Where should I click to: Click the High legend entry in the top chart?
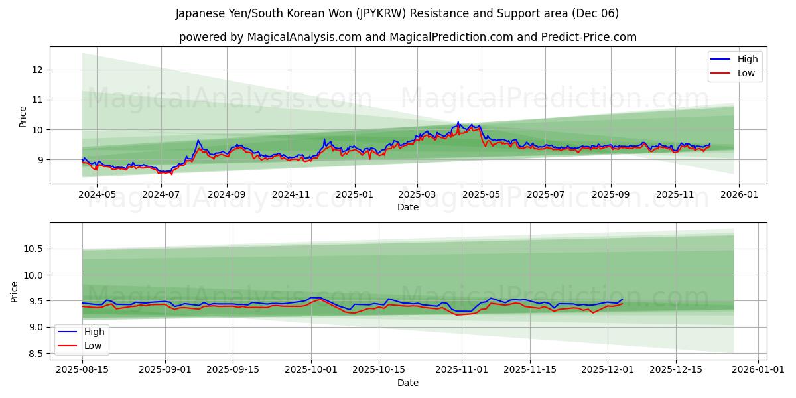pos(748,59)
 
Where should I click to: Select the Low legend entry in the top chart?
pos(746,73)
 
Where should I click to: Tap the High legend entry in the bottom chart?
pos(94,332)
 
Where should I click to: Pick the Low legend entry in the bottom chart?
pos(93,346)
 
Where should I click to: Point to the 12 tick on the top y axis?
pos(37,70)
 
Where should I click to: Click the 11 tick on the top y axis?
pos(37,99)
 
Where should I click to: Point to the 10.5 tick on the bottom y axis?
pos(33,249)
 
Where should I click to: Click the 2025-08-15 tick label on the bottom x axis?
pos(82,369)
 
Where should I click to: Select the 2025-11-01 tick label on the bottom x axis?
pos(462,369)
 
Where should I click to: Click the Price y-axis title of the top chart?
pos(23,117)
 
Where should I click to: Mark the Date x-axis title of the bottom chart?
pos(408,382)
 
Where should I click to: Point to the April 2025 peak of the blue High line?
pos(458,122)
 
